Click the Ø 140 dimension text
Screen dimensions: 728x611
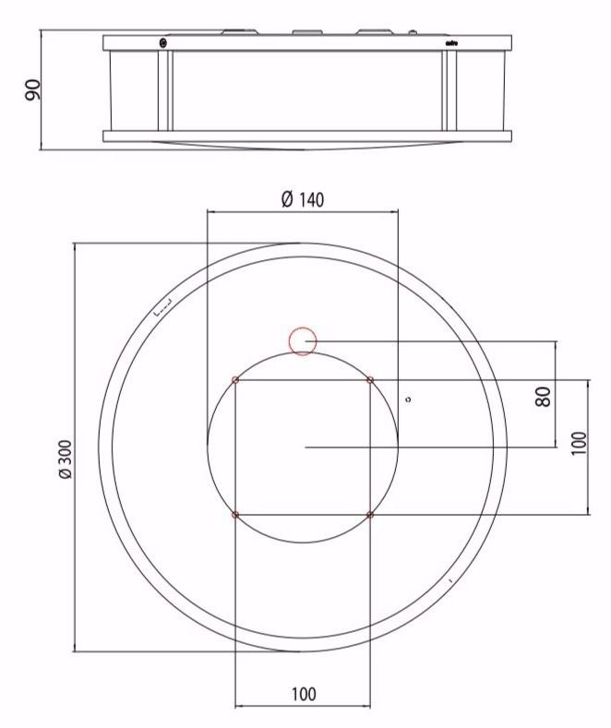301,199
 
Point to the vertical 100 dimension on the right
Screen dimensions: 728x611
577,447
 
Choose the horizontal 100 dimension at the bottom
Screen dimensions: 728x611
302,693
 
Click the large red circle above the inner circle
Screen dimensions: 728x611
303,341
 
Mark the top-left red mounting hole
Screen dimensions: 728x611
235,380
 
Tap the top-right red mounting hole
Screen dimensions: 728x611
370,380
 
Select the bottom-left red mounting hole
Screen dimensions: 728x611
235,514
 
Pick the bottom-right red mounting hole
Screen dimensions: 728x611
370,514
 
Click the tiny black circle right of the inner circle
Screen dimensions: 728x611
408,400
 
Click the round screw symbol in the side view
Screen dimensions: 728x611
163,42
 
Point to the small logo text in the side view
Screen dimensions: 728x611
451,42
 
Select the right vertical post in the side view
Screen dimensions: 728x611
449,90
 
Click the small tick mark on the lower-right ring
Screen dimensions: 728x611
449,580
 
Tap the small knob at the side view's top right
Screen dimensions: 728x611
412,32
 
